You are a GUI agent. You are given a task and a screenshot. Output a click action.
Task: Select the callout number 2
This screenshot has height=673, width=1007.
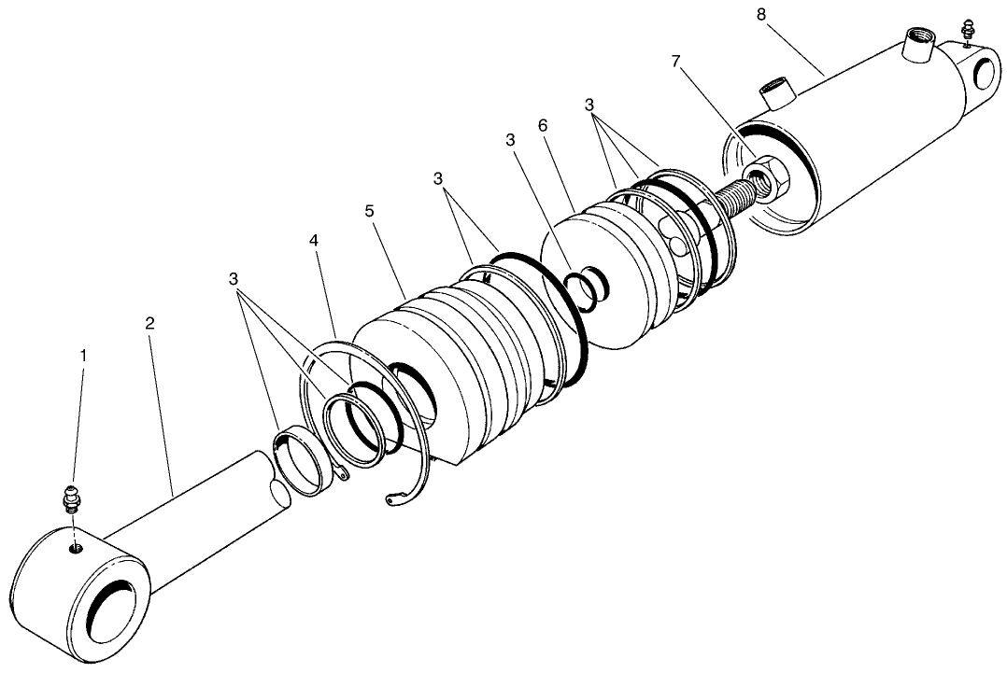[x=150, y=323]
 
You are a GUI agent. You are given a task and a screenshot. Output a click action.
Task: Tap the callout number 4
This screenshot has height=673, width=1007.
[x=315, y=240]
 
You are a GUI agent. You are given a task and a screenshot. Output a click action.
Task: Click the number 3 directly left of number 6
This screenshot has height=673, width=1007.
[x=510, y=139]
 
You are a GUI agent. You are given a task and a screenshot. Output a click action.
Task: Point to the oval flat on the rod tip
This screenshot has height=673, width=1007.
[x=279, y=491]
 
